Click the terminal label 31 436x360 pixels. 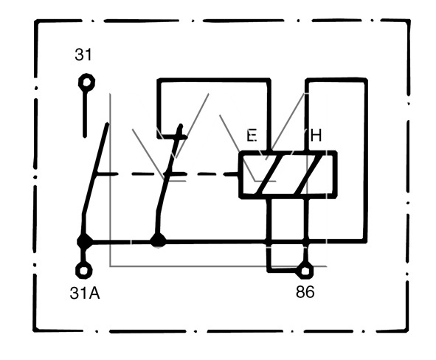pyautogui.click(x=83, y=55)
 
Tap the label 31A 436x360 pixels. pyautogui.click(x=85, y=293)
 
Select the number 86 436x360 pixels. pyautogui.click(x=305, y=292)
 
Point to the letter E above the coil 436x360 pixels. pyautogui.click(x=252, y=136)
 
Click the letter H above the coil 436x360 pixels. pyautogui.click(x=316, y=136)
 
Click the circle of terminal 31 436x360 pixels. pyautogui.click(x=87, y=83)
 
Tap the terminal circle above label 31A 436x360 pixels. pyautogui.click(x=84, y=270)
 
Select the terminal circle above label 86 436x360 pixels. pyautogui.click(x=305, y=271)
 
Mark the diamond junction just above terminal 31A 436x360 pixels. pyautogui.click(x=84, y=241)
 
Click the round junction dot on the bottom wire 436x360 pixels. pyautogui.click(x=158, y=240)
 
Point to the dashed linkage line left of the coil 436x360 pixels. pyautogui.click(x=167, y=174)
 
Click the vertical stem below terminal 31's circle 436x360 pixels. pyautogui.click(x=85, y=114)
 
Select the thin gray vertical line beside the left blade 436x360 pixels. pyautogui.click(x=111, y=180)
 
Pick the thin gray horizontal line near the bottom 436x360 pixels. pyautogui.click(x=218, y=266)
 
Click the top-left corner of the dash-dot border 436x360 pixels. pyautogui.click(x=35, y=21)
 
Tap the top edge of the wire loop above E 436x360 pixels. pyautogui.click(x=214, y=80)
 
